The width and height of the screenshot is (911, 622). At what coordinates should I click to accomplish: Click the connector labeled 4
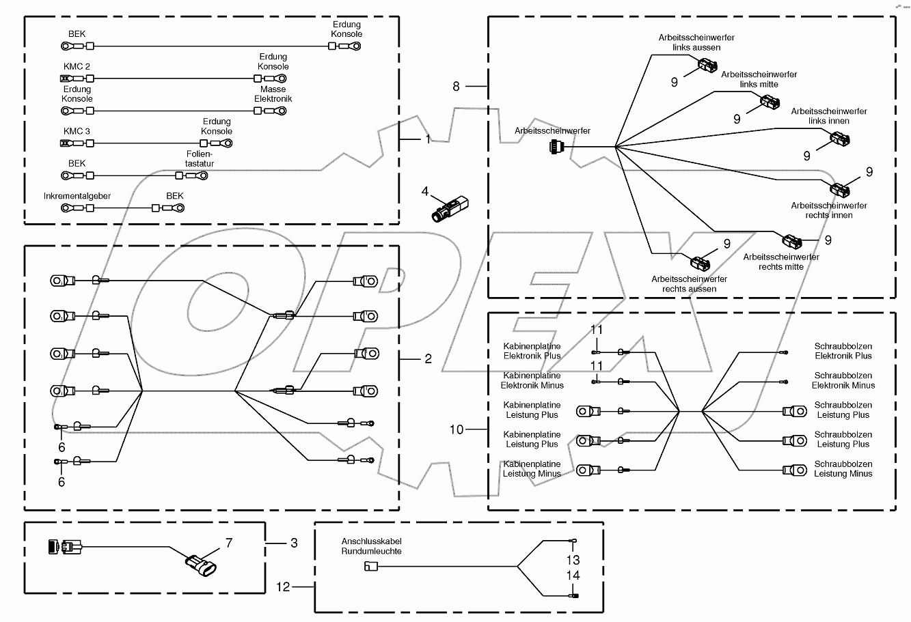click(448, 208)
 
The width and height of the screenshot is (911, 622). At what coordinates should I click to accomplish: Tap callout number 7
click(230, 543)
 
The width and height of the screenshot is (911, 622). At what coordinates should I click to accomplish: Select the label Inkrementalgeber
click(77, 196)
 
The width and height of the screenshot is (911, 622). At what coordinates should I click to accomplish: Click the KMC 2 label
click(77, 66)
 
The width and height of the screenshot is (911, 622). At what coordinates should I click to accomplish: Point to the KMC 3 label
click(77, 131)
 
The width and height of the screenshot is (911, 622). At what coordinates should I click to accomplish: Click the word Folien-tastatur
click(200, 159)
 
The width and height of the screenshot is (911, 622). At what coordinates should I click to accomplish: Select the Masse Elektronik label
click(273, 94)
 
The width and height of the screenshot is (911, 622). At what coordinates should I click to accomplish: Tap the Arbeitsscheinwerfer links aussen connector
click(706, 66)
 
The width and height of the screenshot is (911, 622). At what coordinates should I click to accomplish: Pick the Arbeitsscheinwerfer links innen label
click(829, 116)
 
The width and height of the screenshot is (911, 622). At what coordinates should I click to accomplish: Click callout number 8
click(457, 86)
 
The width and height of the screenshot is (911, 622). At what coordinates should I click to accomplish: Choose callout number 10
click(457, 429)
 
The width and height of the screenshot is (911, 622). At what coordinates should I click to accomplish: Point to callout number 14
click(572, 576)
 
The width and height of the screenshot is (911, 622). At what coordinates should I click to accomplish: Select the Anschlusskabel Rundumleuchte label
click(372, 546)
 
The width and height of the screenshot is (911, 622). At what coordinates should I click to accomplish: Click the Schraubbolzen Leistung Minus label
click(843, 468)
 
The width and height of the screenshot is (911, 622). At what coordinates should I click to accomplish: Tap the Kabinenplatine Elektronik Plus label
click(532, 351)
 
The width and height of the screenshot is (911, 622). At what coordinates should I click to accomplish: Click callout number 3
click(294, 543)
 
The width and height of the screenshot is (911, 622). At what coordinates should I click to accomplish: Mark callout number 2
click(428, 358)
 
